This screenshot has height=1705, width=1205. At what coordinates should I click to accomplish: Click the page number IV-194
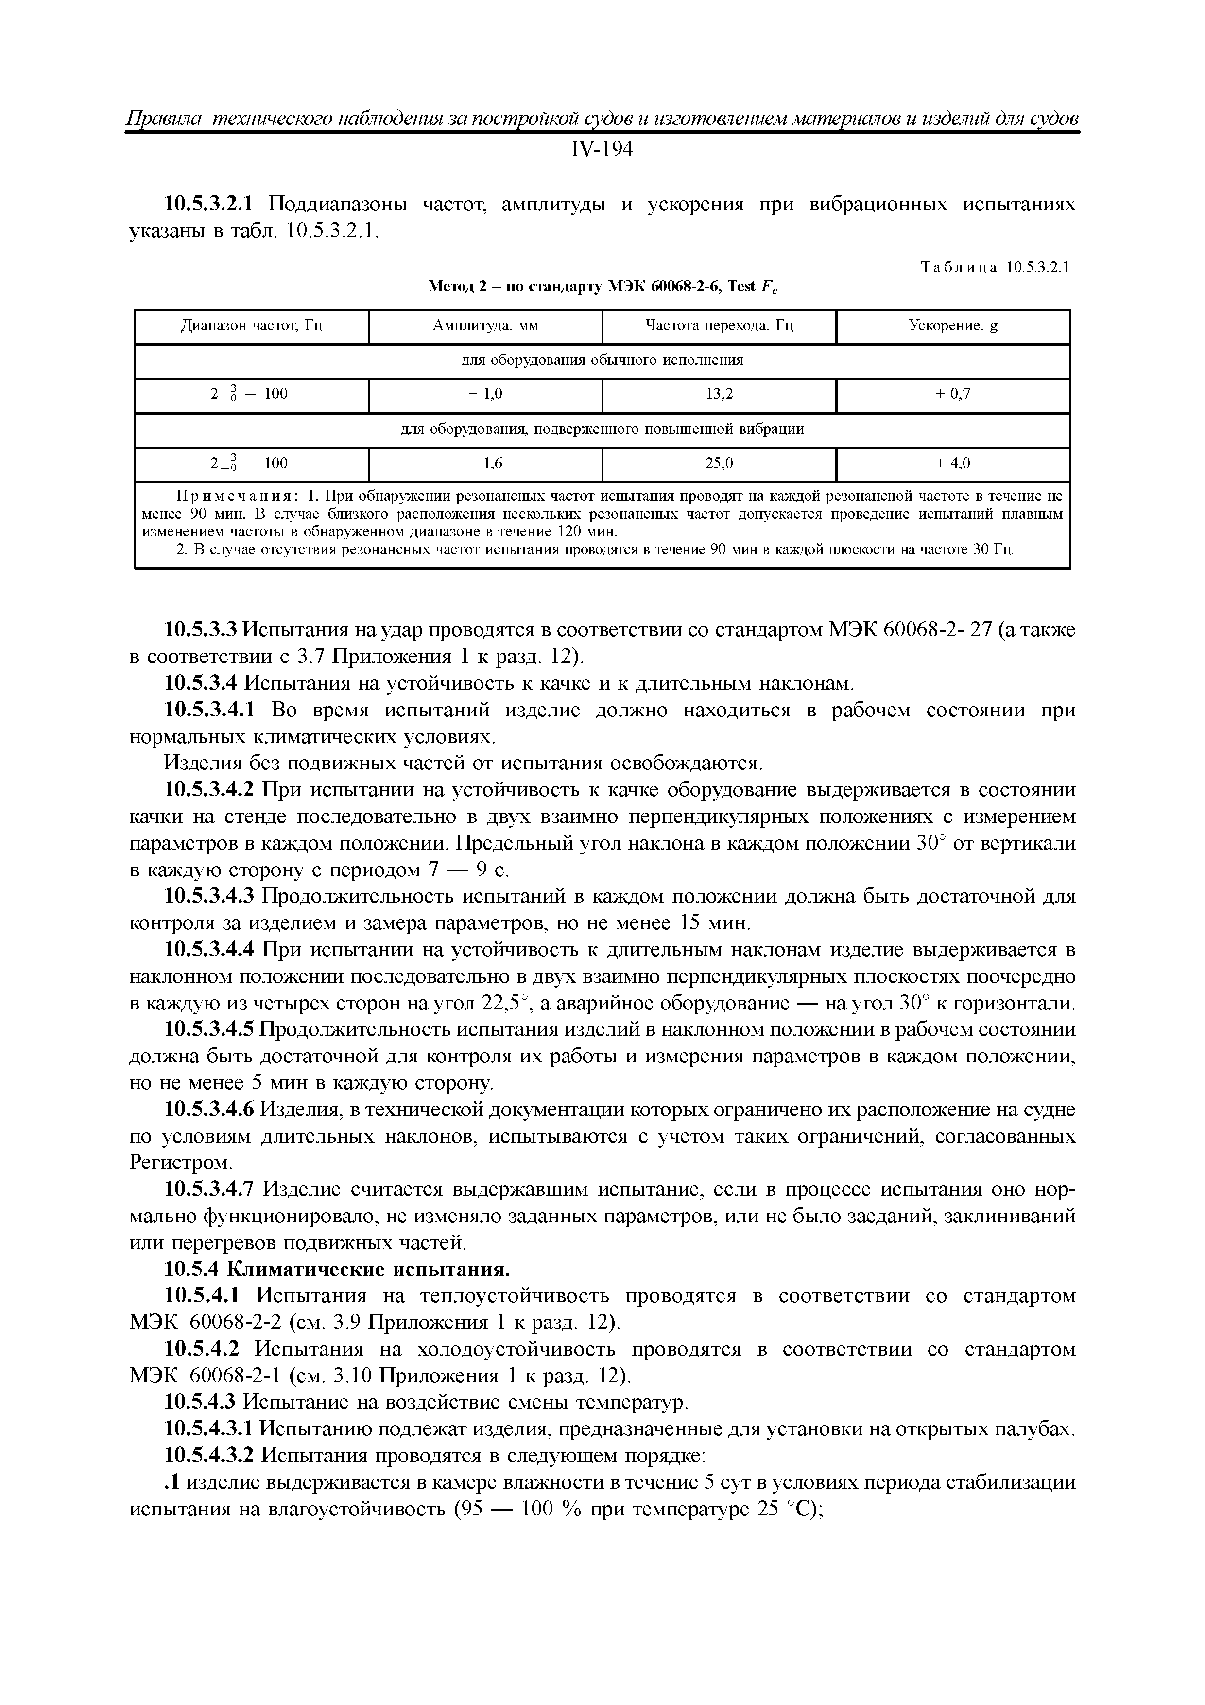tap(602, 150)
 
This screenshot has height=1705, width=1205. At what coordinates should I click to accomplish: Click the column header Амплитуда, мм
tap(485, 326)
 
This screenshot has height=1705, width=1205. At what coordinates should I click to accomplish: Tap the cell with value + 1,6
tap(485, 463)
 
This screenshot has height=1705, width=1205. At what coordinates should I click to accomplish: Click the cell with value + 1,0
tap(485, 394)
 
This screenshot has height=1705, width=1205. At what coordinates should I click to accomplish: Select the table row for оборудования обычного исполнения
tap(602, 360)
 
